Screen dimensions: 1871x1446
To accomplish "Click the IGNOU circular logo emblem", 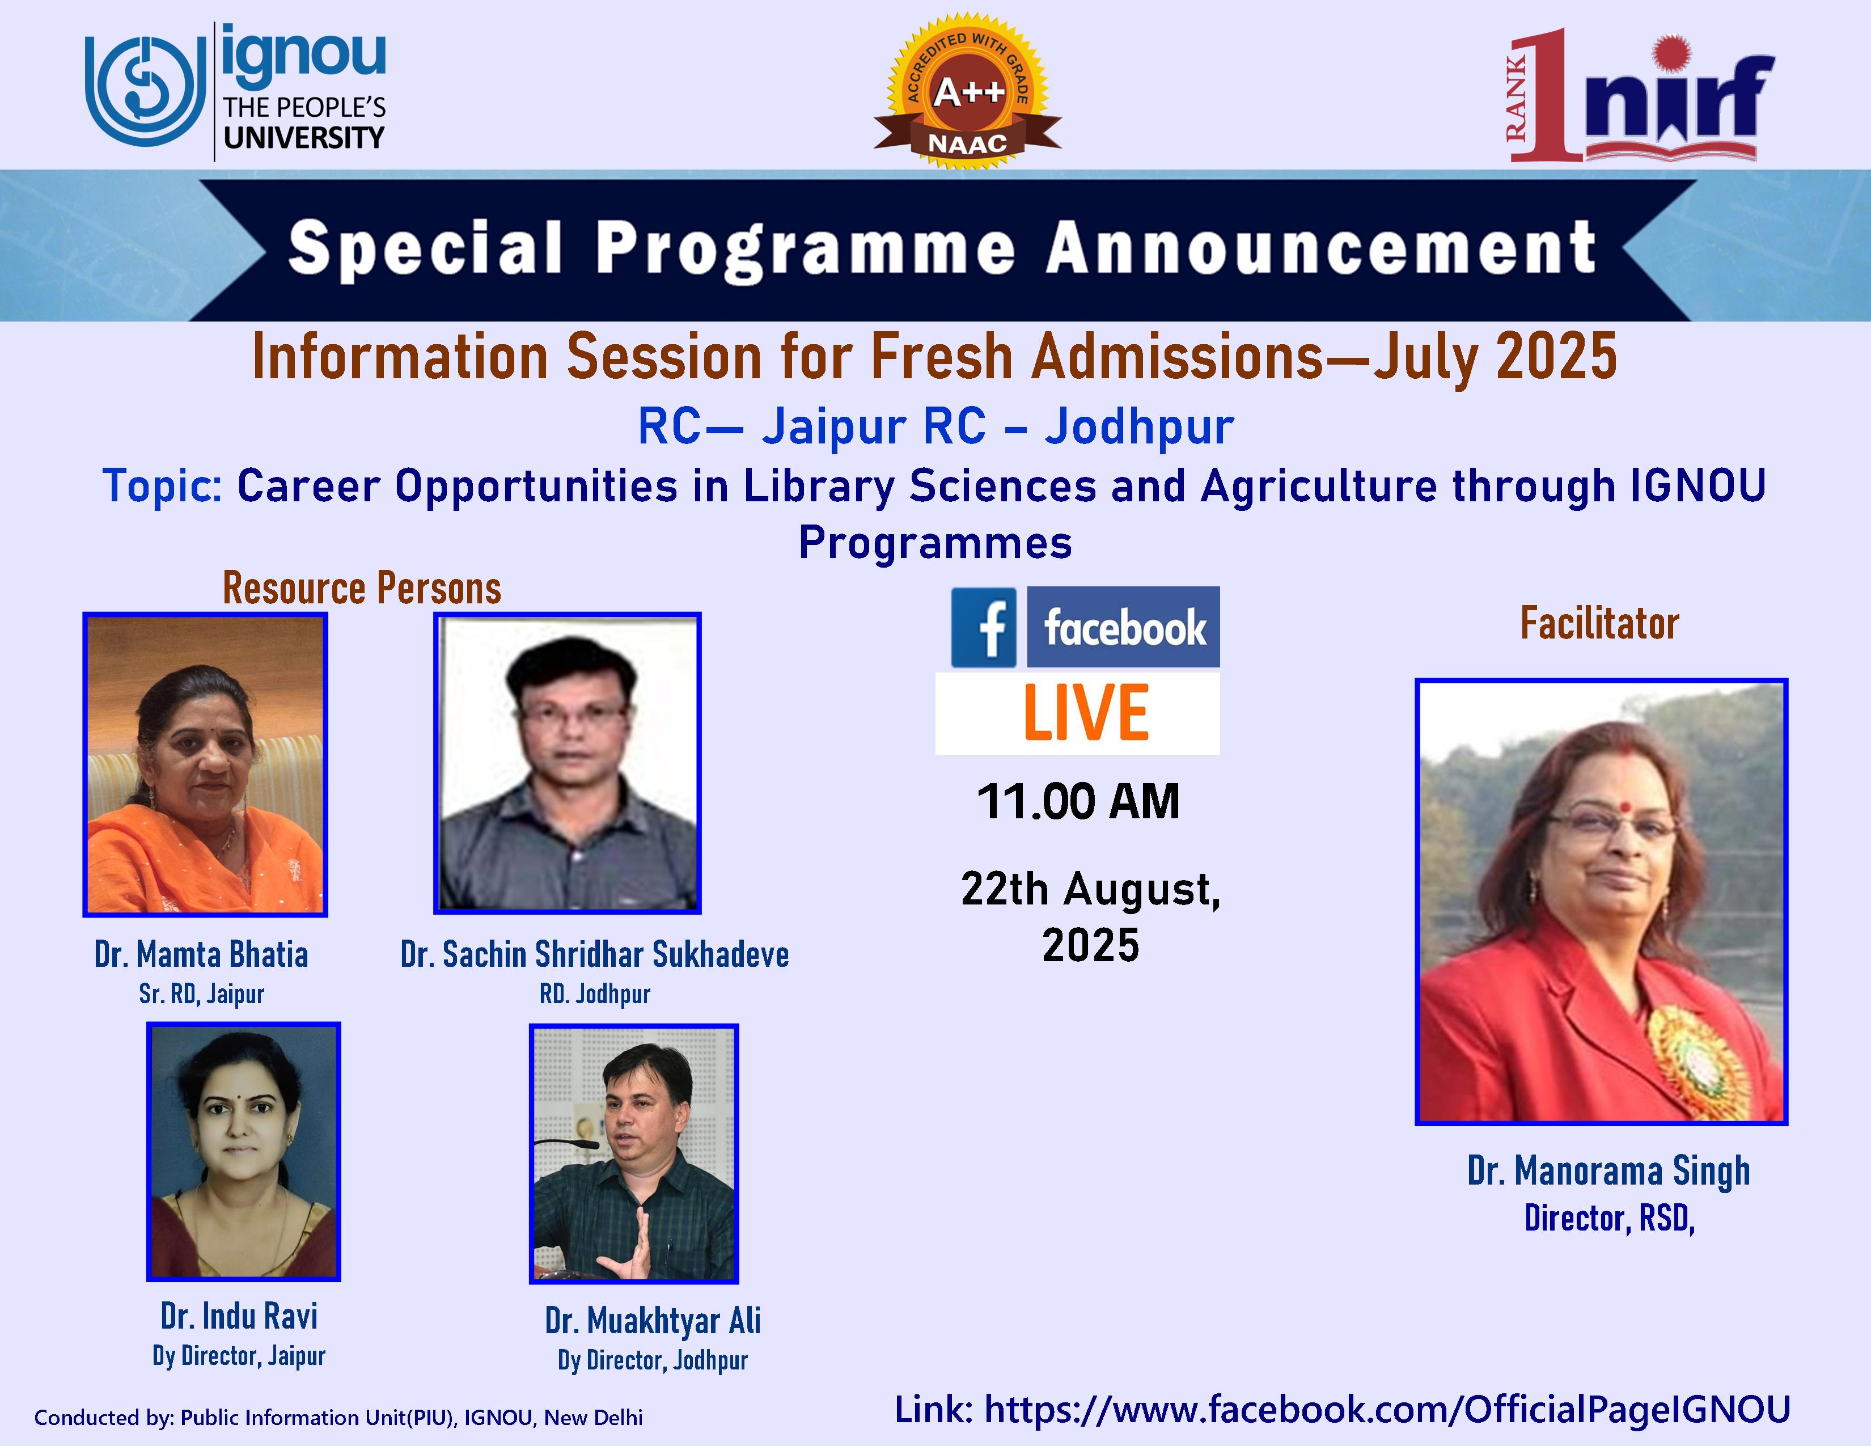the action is click(x=146, y=90).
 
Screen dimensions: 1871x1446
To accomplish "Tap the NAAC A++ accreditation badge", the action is click(x=967, y=91).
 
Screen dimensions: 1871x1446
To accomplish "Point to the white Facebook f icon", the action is click(x=984, y=628).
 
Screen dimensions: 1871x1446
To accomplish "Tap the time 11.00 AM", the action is click(x=1078, y=802).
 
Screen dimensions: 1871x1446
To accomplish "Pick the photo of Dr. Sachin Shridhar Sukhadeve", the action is click(x=567, y=762).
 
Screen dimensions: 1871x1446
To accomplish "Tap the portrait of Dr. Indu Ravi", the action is click(x=243, y=1151).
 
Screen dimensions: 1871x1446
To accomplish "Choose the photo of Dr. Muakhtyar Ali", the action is click(x=634, y=1153).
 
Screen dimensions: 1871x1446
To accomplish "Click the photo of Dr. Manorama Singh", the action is click(x=1601, y=901).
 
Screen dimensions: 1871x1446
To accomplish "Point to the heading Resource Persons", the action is click(x=362, y=589).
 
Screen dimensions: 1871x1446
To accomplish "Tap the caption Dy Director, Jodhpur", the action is click(x=653, y=1360).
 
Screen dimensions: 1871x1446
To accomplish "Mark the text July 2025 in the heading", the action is click(x=1496, y=356).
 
